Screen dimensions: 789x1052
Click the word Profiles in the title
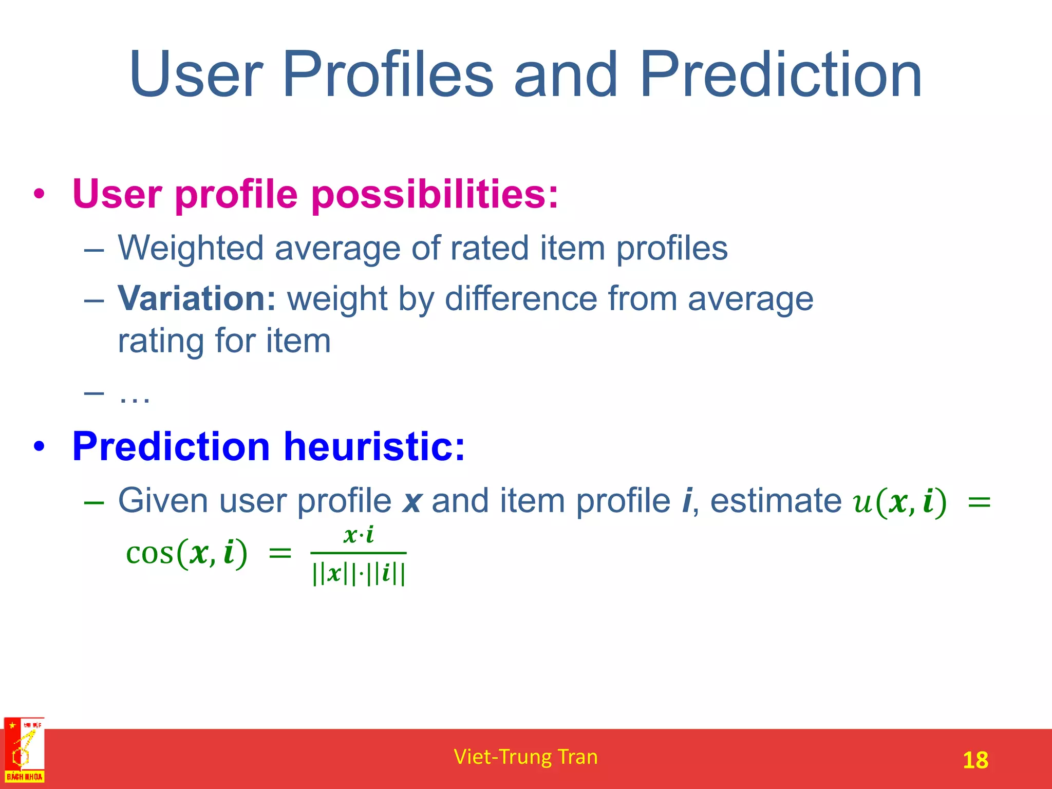(387, 75)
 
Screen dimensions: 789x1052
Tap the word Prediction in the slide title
(780, 75)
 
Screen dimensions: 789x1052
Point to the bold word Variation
(197, 298)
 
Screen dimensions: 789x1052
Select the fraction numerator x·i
(359, 535)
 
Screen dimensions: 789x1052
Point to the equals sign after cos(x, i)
(280, 554)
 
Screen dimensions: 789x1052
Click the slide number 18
(975, 760)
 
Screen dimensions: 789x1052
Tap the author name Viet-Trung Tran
(525, 757)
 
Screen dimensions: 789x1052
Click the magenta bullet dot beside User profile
(40, 195)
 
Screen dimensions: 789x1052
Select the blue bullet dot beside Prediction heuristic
(40, 446)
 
